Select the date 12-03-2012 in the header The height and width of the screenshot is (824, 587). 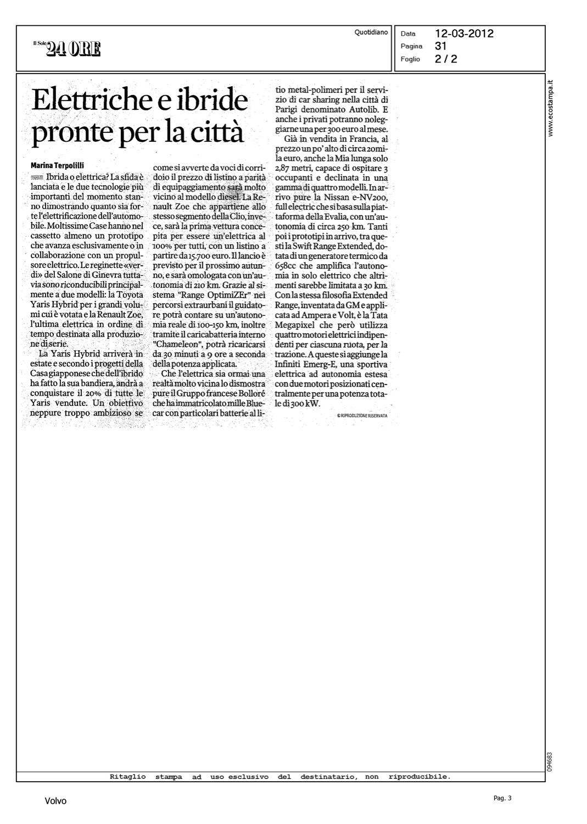coord(464,34)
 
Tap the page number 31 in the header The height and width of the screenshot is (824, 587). coord(441,46)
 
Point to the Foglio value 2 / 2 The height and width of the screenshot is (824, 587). coord(445,59)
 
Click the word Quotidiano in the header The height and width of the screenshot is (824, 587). coord(371,32)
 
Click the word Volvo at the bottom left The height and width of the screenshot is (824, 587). coord(55,801)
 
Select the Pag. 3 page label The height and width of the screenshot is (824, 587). coord(502,798)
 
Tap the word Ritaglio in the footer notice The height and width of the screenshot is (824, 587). coord(128,777)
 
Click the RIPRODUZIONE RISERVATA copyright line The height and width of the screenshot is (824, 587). coord(362,416)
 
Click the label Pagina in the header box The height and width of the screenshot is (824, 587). coord(411,46)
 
